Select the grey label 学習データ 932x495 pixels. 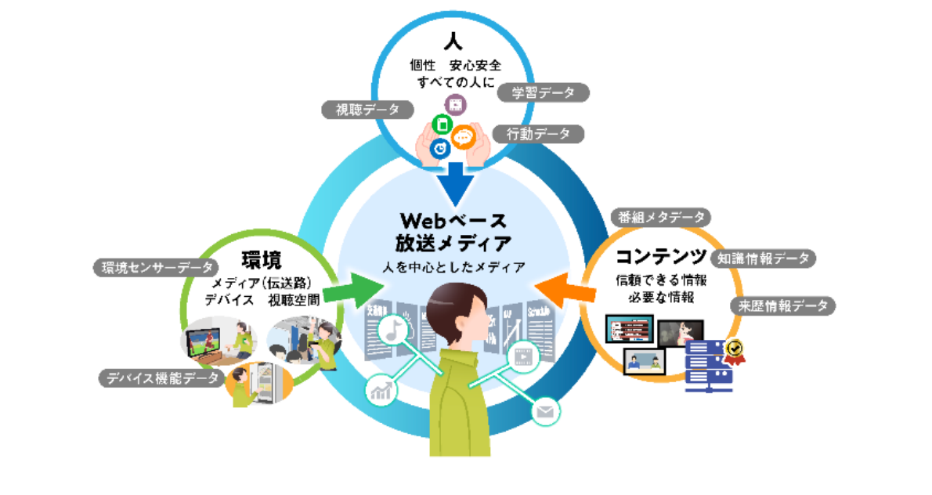[544, 93]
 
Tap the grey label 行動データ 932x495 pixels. [539, 134]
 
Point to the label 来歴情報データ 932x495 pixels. [782, 305]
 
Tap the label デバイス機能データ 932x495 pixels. [161, 378]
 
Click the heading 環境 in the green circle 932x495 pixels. [262, 260]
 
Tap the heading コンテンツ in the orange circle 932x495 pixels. [663, 256]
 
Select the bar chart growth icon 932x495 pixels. [381, 389]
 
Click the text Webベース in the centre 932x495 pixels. [453, 219]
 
